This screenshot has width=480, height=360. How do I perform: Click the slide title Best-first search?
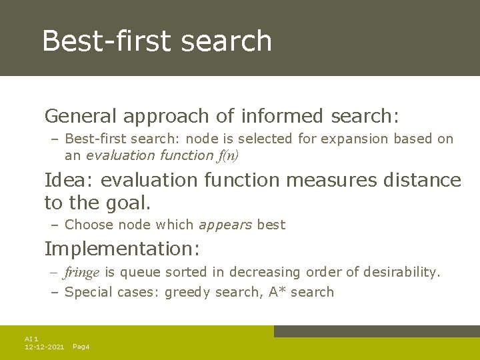157,41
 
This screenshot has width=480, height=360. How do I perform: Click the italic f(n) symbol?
227,155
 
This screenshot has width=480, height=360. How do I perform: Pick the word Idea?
65,180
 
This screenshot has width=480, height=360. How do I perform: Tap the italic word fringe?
82,272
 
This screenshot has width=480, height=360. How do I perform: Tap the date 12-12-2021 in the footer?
44,347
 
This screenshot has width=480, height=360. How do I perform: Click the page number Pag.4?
81,347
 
